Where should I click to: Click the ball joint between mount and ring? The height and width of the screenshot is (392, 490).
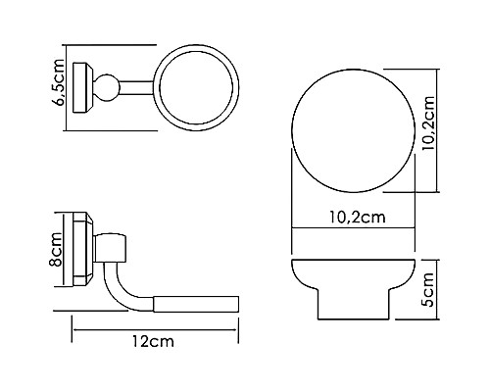coord(102,87)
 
